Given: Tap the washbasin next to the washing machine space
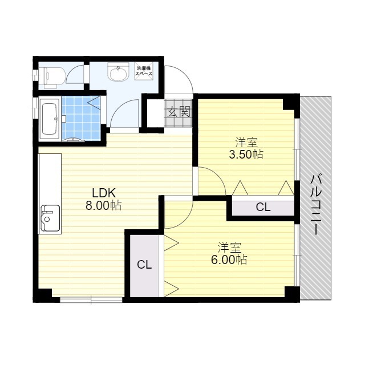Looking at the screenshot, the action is [118, 72].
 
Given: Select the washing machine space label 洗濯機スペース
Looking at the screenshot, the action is [144, 71].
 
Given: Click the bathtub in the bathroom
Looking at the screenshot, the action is [50, 119].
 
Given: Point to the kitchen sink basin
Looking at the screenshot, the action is [50, 218].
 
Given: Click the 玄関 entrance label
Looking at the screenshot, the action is [179, 112].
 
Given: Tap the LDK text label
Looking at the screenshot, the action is [104, 193].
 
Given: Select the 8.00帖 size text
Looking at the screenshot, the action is [104, 205].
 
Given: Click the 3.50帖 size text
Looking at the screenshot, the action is [246, 155].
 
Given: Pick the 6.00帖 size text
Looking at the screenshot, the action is [229, 259].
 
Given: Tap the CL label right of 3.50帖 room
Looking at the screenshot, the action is [263, 207].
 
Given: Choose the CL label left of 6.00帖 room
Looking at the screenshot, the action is [144, 265].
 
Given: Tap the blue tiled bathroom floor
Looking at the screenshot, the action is [82, 118].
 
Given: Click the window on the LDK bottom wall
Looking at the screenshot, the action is [91, 299].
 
